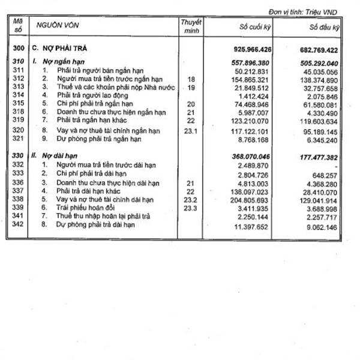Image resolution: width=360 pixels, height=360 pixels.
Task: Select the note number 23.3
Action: point(191,206)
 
